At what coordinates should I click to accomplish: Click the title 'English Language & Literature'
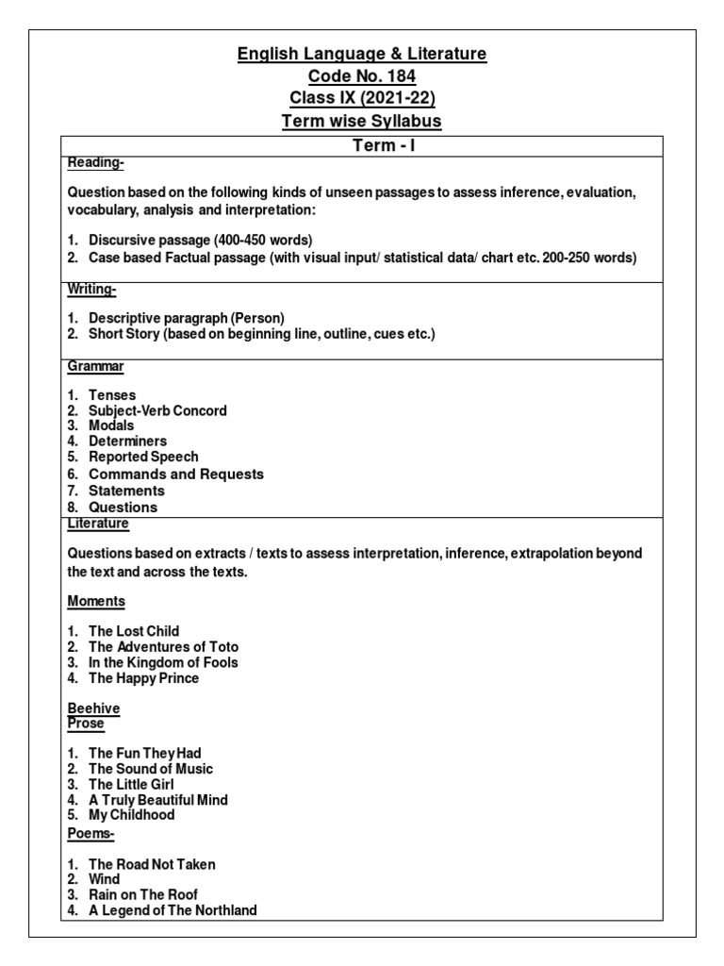362,54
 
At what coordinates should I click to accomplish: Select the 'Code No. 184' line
362,76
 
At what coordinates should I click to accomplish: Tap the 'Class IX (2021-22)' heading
362,99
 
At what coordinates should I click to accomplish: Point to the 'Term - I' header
362,145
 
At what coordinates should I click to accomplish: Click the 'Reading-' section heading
95,162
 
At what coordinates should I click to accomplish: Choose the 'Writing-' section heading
91,289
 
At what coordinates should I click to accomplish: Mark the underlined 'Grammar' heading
95,365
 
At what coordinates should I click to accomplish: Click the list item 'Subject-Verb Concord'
157,410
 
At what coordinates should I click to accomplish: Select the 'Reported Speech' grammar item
143,457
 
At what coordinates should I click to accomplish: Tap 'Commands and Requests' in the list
175,474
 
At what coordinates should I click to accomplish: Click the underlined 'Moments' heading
96,601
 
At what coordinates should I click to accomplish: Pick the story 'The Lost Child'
134,631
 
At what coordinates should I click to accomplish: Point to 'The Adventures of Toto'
163,647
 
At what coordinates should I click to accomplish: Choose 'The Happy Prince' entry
143,678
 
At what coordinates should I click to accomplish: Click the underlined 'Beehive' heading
94,708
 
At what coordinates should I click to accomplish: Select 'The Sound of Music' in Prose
151,769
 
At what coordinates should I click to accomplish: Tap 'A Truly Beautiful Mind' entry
158,800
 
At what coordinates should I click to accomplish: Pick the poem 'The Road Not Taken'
152,864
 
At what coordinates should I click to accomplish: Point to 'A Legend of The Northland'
173,910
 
